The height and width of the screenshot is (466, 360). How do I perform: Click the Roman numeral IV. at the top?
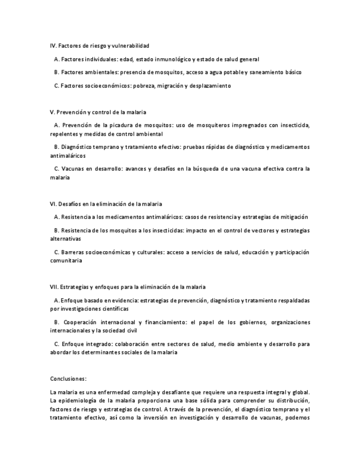pos(53,46)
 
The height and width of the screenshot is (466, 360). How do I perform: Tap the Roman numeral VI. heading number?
pos(53,204)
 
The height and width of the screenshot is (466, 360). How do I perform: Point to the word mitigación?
pos(290,217)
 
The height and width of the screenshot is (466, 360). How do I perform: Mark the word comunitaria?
pos(66,261)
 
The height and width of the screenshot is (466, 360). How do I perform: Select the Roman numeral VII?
pos(54,287)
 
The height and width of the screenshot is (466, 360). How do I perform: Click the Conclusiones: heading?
pos(68,379)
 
